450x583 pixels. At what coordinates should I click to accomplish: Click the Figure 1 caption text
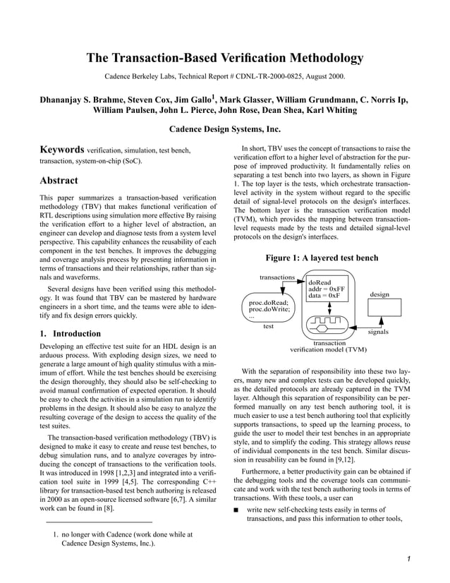[321, 258]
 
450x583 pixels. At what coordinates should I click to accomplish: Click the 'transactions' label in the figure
[277, 277]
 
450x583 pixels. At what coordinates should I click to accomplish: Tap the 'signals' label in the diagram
[384, 331]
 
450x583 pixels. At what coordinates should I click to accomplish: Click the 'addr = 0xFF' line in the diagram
[327, 289]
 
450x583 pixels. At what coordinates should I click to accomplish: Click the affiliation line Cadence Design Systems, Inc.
[225, 129]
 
